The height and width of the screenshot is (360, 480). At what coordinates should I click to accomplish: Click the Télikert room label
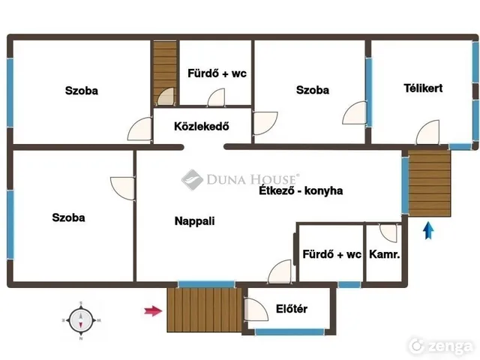coord(423,88)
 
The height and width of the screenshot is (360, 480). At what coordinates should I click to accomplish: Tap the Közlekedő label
coord(202,126)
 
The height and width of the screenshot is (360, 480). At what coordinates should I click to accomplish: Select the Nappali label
coord(195,221)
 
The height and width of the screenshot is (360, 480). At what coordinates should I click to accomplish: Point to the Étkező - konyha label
coord(301,190)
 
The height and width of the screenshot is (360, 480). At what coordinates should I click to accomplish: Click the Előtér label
coord(292,308)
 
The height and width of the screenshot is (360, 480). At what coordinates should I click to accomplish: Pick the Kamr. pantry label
coord(385,254)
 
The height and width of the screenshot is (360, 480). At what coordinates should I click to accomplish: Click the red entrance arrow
coord(153,311)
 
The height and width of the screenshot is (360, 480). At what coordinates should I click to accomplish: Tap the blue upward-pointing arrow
coord(428,230)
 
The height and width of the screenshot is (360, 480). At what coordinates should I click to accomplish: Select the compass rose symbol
coord(81,321)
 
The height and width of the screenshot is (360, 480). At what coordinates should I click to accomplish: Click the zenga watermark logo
coord(442,346)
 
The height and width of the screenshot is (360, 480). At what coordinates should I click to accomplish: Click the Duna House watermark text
coord(253,179)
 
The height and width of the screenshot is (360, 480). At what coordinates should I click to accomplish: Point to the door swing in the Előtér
coord(256,309)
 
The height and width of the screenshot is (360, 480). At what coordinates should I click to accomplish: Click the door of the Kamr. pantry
coord(388,233)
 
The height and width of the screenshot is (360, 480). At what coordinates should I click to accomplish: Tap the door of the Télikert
coord(428,132)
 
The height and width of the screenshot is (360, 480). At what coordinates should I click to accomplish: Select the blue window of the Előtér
coord(289,331)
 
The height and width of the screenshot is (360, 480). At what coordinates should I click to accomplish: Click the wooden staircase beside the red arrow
coord(205,310)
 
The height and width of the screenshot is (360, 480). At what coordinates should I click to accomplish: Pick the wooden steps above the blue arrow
coord(429,183)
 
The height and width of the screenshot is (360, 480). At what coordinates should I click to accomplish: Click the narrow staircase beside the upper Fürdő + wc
coord(165,73)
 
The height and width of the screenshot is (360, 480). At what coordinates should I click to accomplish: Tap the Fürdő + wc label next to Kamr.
coord(331,254)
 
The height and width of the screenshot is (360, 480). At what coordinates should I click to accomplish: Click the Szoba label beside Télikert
coord(313,90)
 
